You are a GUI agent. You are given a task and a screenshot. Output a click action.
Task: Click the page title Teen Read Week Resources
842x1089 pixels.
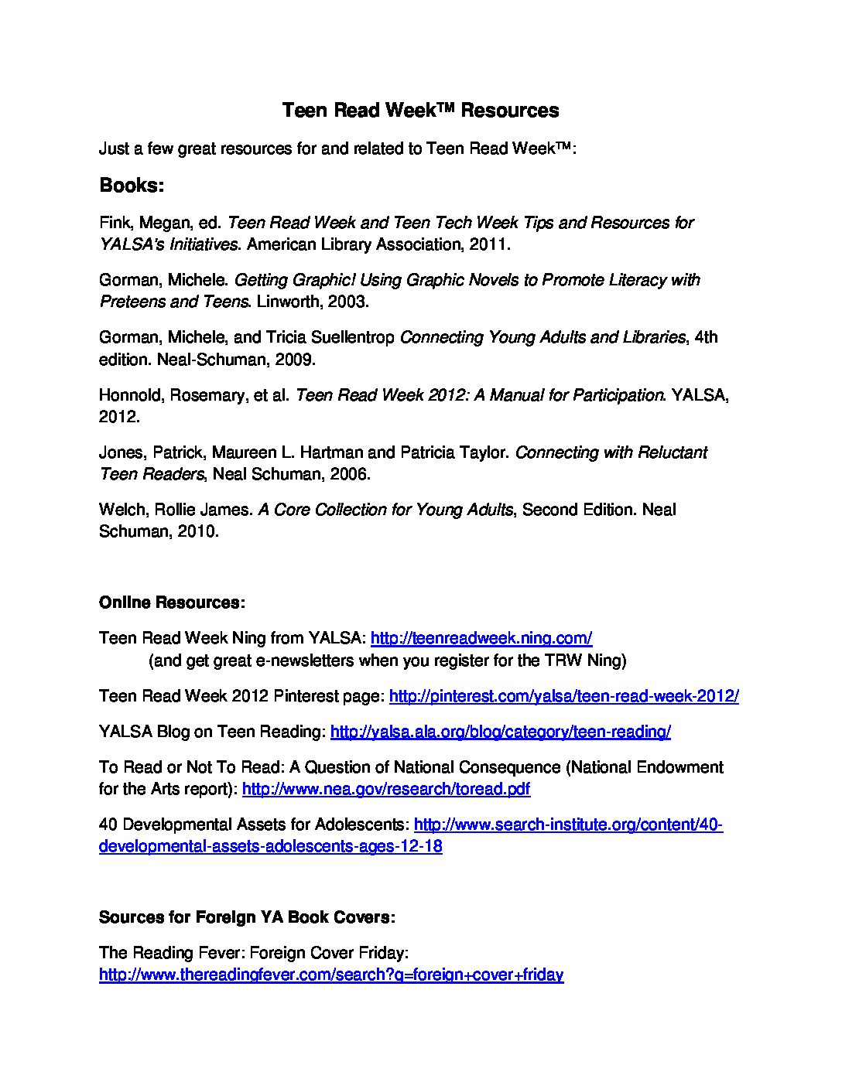pyautogui.click(x=420, y=111)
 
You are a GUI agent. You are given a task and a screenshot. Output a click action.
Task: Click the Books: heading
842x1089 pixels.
pyautogui.click(x=132, y=186)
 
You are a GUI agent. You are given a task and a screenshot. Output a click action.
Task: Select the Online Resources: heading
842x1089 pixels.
pyautogui.click(x=172, y=603)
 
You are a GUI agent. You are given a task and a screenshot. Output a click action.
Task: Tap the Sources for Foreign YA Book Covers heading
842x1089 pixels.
pyautogui.click(x=247, y=917)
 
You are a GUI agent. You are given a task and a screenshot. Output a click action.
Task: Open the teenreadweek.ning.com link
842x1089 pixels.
pyautogui.click(x=481, y=638)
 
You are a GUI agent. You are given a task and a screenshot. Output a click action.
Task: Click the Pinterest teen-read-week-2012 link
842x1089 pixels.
pyautogui.click(x=563, y=696)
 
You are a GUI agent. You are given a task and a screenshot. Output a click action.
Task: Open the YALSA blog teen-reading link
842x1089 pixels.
pyautogui.click(x=500, y=732)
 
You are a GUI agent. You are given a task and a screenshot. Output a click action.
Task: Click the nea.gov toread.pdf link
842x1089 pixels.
pyautogui.click(x=386, y=789)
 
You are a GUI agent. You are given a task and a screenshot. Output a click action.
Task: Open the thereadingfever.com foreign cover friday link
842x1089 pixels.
pyautogui.click(x=331, y=975)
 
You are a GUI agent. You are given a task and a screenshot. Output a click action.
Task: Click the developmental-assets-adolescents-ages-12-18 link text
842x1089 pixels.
pyautogui.click(x=271, y=846)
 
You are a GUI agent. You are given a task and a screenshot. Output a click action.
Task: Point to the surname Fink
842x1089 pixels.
pyautogui.click(x=115, y=223)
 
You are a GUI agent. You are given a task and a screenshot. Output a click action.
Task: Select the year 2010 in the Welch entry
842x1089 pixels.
pyautogui.click(x=200, y=531)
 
